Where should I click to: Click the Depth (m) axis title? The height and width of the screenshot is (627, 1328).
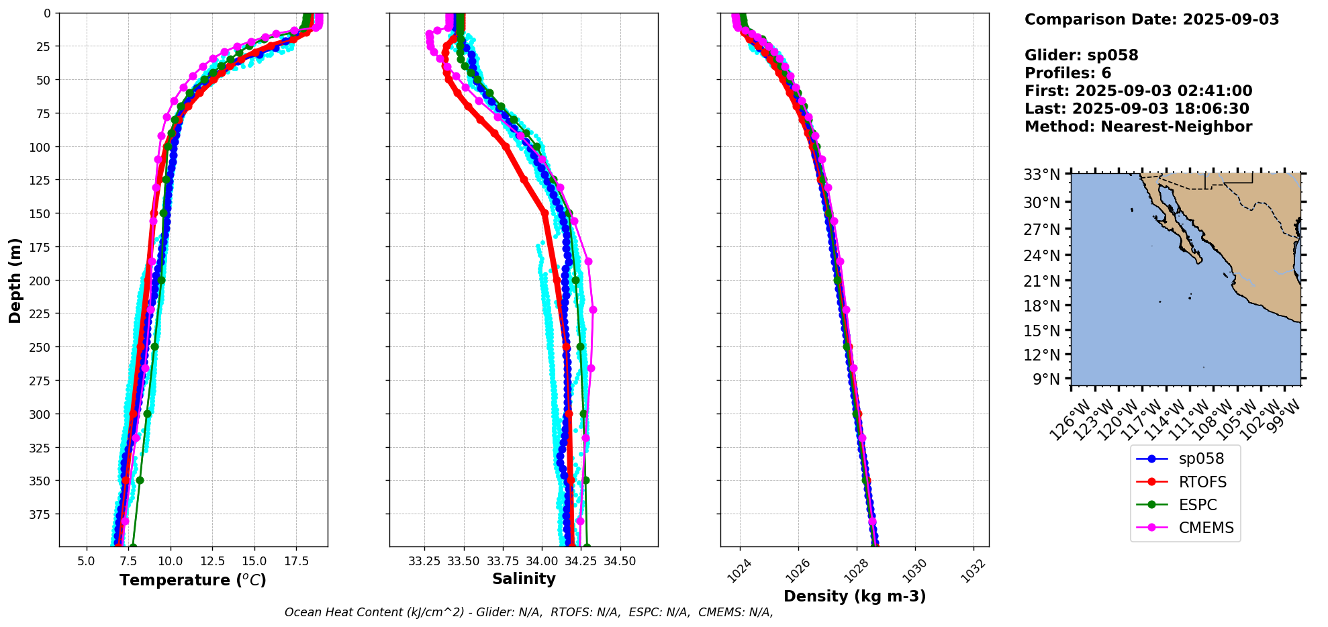[x=15, y=280]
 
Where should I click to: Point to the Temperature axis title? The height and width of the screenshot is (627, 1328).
[x=193, y=580]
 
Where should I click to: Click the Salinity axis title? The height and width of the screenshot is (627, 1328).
[x=524, y=579]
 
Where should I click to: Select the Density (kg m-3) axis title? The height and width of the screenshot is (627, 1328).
[x=855, y=596]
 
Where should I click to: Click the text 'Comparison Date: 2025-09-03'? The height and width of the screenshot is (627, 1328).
[x=1151, y=19]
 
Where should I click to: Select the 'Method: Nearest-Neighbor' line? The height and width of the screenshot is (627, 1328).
[x=1138, y=127]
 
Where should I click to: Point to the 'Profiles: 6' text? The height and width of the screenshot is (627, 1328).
[x=1068, y=73]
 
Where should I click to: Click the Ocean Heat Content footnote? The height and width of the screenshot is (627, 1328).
[x=528, y=612]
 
